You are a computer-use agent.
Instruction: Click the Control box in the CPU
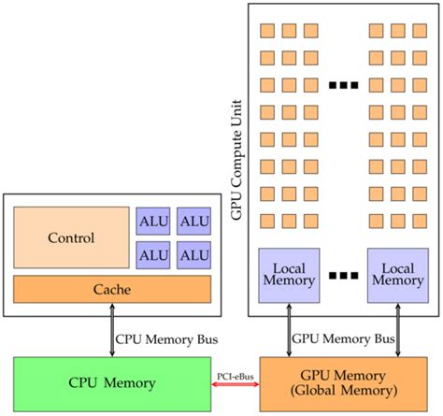(71, 238)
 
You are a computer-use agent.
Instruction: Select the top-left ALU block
(152, 221)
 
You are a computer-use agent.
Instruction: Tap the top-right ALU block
(193, 221)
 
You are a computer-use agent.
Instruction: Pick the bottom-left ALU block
(152, 255)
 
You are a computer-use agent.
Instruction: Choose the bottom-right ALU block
(193, 255)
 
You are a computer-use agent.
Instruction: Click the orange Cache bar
(111, 290)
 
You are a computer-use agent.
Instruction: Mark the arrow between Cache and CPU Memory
(110, 331)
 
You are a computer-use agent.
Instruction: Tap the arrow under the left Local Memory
(283, 331)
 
